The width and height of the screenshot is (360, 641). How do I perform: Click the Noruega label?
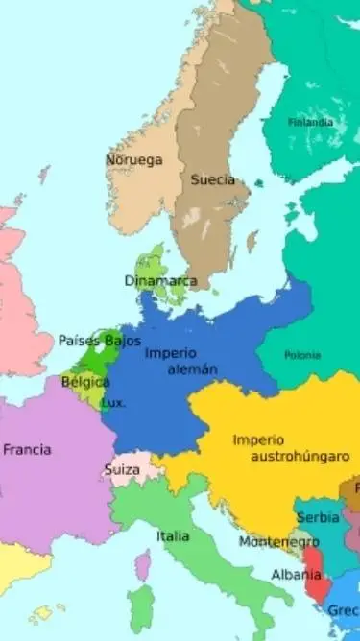pyautogui.click(x=133, y=159)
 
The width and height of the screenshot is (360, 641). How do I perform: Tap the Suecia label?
pyautogui.click(x=212, y=179)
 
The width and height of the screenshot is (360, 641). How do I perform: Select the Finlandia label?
pyautogui.click(x=311, y=122)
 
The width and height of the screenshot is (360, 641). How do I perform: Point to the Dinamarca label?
pyautogui.click(x=160, y=281)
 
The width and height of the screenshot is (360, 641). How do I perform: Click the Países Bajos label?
pyautogui.click(x=99, y=341)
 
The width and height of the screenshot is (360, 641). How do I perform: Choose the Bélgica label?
pyautogui.click(x=84, y=382)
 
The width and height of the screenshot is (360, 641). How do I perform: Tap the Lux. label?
pyautogui.click(x=113, y=403)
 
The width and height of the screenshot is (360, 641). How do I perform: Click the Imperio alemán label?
pyautogui.click(x=181, y=361)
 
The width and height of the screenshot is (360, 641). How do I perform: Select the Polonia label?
pyautogui.click(x=302, y=355)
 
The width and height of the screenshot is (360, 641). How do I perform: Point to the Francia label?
pyautogui.click(x=27, y=449)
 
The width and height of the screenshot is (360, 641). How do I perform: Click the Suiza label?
pyautogui.click(x=122, y=471)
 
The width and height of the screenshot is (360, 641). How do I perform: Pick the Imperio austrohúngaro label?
pyautogui.click(x=285, y=448)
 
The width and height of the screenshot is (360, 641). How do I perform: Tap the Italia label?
pyautogui.click(x=174, y=535)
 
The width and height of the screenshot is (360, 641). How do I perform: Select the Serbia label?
pyautogui.click(x=318, y=517)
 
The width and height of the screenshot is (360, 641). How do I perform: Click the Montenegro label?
pyautogui.click(x=278, y=542)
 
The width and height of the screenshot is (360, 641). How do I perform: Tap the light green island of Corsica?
pyautogui.click(x=142, y=565)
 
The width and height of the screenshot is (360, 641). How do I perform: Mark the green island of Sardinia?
pyautogui.click(x=141, y=609)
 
